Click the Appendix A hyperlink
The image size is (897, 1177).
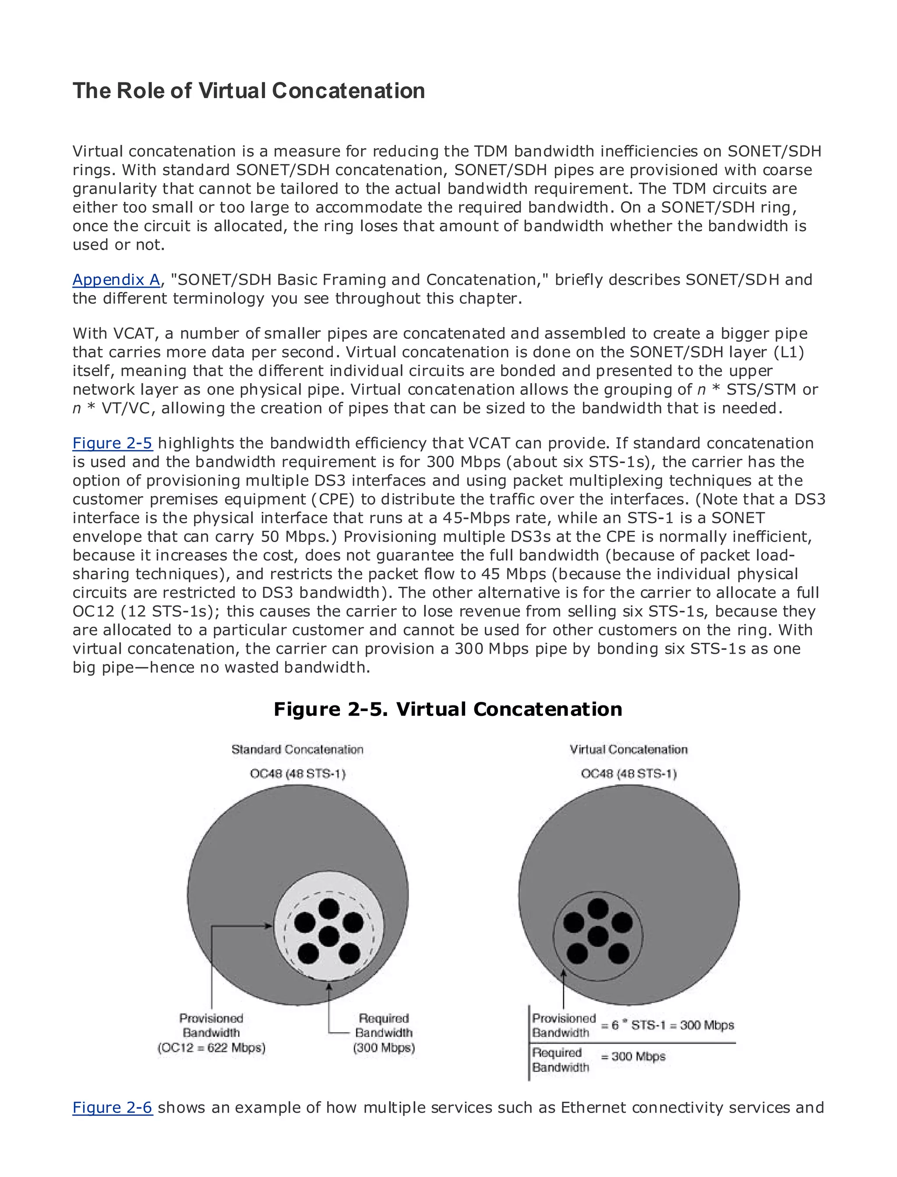(x=116, y=280)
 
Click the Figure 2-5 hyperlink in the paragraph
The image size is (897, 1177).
(x=112, y=443)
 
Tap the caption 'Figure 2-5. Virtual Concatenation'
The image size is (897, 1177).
(x=448, y=709)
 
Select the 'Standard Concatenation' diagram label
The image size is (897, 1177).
(x=297, y=750)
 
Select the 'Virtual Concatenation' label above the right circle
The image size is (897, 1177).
(x=629, y=750)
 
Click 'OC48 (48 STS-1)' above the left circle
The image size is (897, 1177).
(x=297, y=773)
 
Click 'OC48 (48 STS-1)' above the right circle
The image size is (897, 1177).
(x=629, y=773)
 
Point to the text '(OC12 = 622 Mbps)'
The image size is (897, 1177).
(x=212, y=1048)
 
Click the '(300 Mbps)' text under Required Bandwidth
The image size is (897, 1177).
(x=384, y=1048)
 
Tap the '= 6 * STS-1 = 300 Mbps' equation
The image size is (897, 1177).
(x=667, y=1025)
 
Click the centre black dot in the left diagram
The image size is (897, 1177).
(x=328, y=936)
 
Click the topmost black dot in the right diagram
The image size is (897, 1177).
(x=597, y=909)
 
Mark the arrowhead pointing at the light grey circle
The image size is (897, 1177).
(x=268, y=926)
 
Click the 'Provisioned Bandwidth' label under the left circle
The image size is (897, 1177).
(x=212, y=1025)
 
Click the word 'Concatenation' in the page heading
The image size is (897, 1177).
(x=348, y=91)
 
